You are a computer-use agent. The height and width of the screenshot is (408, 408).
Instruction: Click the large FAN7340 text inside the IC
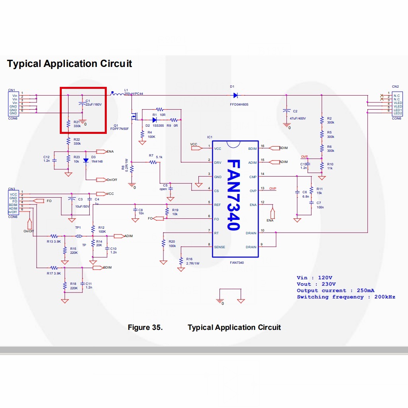(x=234, y=195)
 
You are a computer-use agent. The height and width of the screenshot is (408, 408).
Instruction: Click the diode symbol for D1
(x=235, y=95)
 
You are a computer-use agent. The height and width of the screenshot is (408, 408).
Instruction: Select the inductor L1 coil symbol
(x=116, y=94)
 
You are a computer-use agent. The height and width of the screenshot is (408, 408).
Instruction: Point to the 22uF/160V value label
(x=94, y=105)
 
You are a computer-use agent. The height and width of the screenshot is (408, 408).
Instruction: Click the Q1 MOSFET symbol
(x=134, y=117)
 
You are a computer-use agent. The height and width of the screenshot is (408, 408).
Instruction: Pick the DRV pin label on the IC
(x=218, y=163)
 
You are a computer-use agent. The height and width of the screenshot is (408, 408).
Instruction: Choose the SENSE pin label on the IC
(x=220, y=247)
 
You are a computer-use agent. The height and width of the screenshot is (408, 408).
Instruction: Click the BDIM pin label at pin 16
(x=252, y=148)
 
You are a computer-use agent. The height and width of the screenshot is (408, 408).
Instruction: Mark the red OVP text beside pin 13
(x=273, y=188)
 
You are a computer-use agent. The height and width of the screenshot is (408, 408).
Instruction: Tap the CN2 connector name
(x=395, y=86)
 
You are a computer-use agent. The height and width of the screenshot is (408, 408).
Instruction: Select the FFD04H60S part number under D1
(x=239, y=104)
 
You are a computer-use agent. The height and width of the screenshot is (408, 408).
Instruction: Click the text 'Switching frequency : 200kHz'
(x=346, y=297)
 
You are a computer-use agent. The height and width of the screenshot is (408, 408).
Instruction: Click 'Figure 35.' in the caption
(x=145, y=328)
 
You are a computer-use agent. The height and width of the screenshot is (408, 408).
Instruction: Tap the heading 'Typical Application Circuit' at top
(x=69, y=64)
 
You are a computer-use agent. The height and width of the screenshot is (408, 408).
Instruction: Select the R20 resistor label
(x=172, y=241)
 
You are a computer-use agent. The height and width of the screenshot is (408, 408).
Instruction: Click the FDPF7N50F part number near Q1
(x=119, y=129)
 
